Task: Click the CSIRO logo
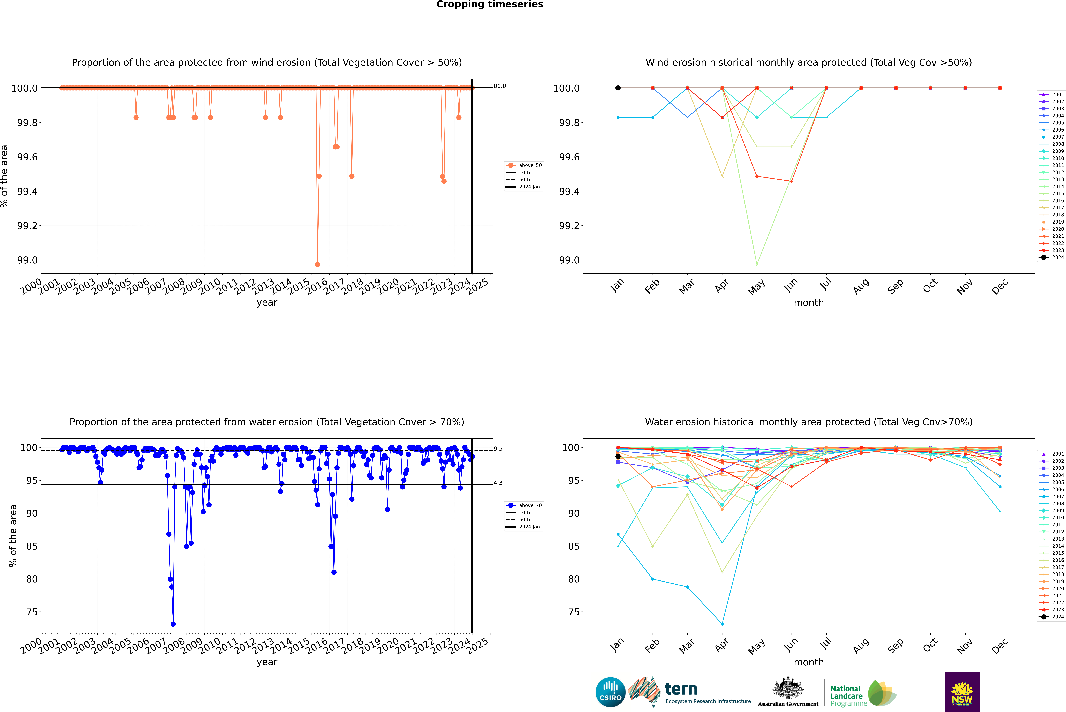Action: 610,692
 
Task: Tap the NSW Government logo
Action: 962,692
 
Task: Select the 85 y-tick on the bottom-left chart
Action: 32,546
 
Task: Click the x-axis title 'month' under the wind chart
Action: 808,303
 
